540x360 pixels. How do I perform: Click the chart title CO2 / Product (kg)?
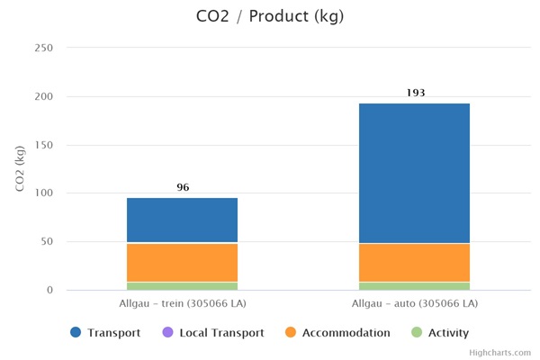270,16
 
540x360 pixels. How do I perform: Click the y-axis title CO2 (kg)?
21,168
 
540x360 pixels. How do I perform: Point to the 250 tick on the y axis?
43,48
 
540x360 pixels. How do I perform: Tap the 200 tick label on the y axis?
43,96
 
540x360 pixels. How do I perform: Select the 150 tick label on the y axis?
43,145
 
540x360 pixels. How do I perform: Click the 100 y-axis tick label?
43,193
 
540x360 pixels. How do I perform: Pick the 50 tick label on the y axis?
46,242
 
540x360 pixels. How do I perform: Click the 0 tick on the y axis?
49,290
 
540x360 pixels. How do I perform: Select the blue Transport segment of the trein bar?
183,220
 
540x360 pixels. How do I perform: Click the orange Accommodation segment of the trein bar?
183,262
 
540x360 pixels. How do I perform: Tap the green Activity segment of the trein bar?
183,285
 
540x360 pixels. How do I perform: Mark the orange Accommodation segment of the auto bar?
414,262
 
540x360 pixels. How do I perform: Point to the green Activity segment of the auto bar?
414,285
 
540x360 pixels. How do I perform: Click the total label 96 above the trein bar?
183,187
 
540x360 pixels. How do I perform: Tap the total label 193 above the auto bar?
415,93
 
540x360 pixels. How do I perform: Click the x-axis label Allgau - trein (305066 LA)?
183,303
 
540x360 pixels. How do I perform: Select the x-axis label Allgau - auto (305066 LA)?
414,303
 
